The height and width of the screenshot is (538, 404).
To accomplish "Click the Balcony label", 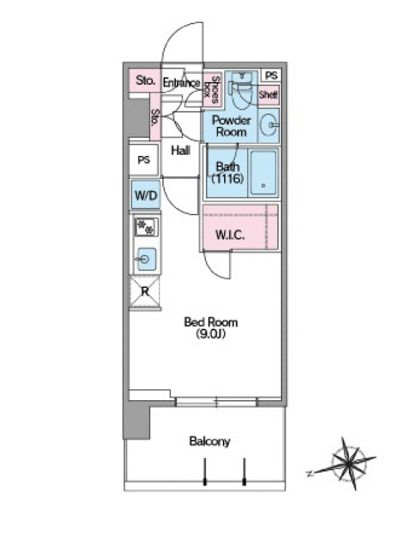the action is [209, 441].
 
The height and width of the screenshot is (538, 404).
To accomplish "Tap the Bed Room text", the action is [211, 322].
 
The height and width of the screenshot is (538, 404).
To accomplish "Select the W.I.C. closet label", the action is [230, 235].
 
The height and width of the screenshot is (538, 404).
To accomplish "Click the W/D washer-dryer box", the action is [145, 194].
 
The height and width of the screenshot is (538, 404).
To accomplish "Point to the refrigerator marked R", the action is [145, 292].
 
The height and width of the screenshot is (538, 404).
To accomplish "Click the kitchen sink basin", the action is [147, 259].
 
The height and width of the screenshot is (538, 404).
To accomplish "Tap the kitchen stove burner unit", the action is [147, 227].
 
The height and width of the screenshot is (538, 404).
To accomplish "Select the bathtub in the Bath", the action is [263, 173].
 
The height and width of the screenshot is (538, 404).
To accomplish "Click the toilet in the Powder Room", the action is [242, 90].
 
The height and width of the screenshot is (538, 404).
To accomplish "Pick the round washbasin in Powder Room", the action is [269, 126].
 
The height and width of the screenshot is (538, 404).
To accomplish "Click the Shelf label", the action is [268, 94].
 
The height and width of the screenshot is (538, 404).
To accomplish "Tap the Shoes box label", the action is [211, 89].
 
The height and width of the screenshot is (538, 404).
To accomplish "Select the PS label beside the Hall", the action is [144, 160].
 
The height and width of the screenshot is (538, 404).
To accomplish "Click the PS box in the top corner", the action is [271, 75].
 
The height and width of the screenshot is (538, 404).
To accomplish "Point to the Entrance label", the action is [181, 82].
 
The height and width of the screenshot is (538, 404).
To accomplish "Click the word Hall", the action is [180, 150].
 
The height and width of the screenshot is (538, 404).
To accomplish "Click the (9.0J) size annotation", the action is [211, 334].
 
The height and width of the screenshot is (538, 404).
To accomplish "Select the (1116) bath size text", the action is [228, 178].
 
